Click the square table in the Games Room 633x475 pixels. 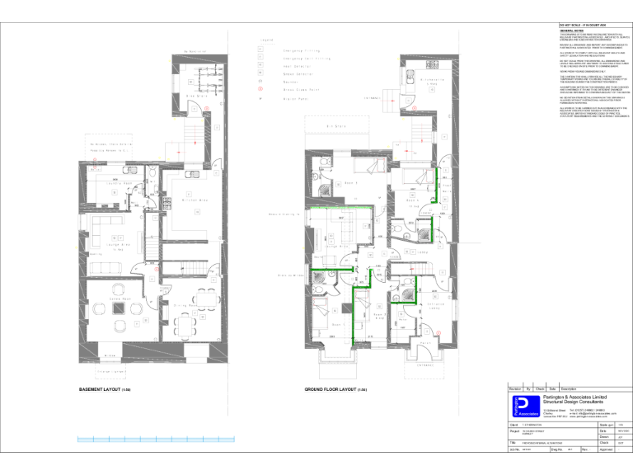[x=120, y=308]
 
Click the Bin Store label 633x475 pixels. [x=335, y=126]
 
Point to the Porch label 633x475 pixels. [x=424, y=364]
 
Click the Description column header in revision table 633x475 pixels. [x=574, y=388]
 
